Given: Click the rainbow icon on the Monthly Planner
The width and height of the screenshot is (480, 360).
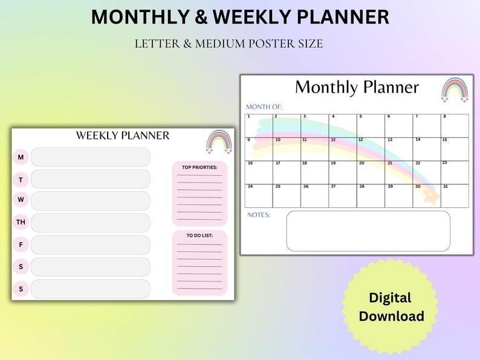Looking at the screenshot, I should (454, 89).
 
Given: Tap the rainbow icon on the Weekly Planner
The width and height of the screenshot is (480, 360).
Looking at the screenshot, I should (219, 142).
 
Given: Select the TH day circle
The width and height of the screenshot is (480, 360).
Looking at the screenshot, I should (21, 222).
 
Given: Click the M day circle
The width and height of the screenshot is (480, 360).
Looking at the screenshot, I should (21, 157).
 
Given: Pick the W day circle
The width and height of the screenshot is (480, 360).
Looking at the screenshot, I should (21, 200).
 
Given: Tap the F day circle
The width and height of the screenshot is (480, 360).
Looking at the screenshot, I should (21, 245).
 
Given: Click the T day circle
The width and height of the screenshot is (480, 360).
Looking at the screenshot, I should (21, 179).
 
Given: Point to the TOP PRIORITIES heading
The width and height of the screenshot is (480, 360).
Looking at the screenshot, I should (199, 167).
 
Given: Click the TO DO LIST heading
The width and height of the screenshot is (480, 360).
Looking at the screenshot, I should (199, 236).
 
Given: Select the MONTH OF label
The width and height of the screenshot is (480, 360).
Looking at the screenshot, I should (264, 107).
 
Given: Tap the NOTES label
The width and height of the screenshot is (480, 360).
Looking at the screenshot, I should (259, 215).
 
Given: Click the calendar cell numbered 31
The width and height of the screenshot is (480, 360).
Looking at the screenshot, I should (455, 196).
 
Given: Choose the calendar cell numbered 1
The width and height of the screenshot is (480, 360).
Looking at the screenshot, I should (259, 125).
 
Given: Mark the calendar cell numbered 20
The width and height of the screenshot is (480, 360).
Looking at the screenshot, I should (371, 172).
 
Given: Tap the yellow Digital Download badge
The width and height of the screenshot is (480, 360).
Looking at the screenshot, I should (391, 306).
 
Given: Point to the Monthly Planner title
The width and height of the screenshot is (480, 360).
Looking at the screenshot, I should (357, 88).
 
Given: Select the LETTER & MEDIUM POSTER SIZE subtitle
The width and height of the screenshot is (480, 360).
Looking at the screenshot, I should (229, 43).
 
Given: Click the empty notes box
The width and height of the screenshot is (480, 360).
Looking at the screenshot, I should (368, 231).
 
